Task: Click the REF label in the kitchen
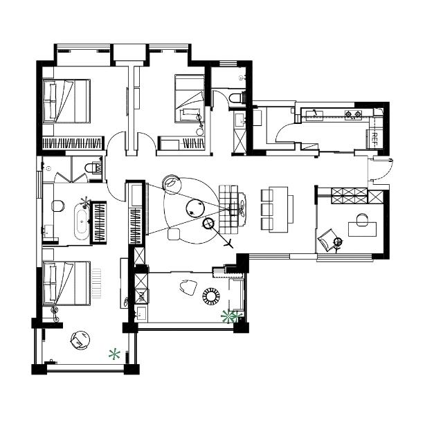375,138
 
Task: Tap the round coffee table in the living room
195,208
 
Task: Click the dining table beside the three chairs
278,209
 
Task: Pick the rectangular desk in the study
363,229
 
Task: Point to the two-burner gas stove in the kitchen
354,114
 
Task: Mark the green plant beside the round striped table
231,316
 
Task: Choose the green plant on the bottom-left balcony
114,354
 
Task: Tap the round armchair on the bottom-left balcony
80,340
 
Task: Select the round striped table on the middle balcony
211,296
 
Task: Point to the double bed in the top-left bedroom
66,101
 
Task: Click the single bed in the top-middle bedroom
190,98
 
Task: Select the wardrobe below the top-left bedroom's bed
72,143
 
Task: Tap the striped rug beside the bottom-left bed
96,283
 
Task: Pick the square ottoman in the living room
174,234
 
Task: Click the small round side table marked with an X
208,224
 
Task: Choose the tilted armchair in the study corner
327,240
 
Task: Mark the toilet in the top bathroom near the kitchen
235,98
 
